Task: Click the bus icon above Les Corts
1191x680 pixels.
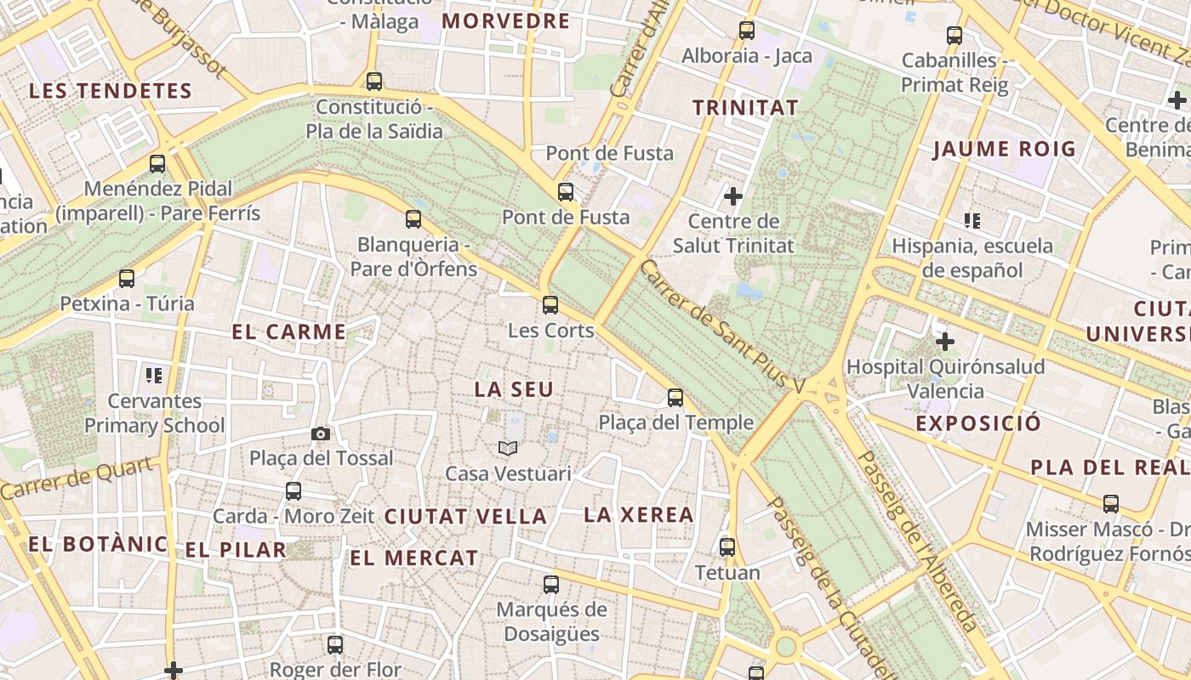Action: (550, 304)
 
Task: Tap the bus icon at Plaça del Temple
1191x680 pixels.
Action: (675, 397)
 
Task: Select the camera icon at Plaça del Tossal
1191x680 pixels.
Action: (321, 433)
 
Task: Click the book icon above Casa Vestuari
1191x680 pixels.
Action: (508, 448)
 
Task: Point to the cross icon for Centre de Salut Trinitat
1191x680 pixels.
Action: (732, 196)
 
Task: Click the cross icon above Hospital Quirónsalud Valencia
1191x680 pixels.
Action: (944, 342)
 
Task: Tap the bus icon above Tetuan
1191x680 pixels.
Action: (727, 547)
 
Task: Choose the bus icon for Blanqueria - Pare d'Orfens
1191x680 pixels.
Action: (413, 219)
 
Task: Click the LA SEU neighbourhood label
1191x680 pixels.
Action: (514, 389)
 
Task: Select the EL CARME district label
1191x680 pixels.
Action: (289, 332)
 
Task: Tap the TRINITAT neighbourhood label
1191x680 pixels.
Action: (745, 108)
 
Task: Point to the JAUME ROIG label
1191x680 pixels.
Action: (1005, 150)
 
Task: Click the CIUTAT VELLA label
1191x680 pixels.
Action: (465, 516)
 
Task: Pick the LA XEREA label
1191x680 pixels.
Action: (639, 514)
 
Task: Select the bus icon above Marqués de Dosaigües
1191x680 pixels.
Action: (551, 584)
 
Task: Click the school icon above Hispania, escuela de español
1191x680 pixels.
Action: (972, 221)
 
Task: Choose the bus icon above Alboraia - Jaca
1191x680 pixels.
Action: (747, 31)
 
